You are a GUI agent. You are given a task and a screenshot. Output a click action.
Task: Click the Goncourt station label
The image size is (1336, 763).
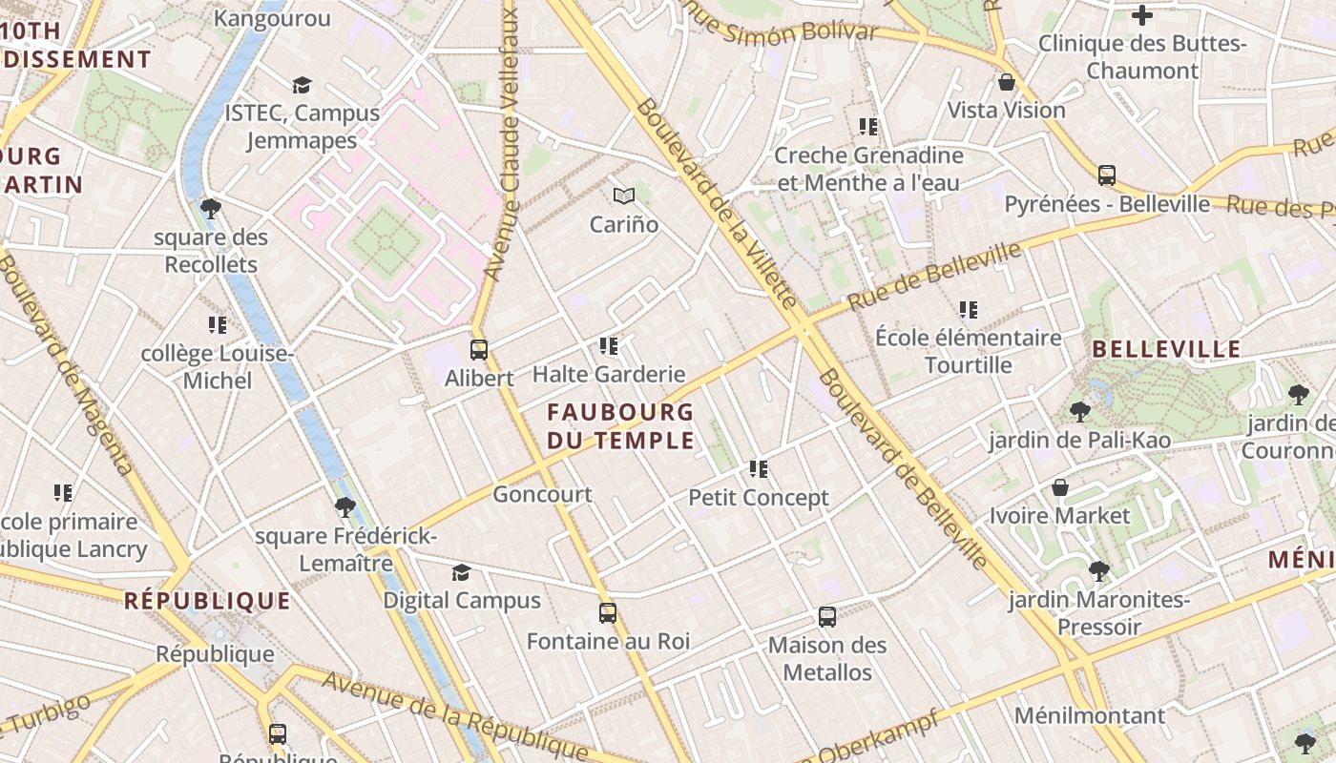tap(542, 494)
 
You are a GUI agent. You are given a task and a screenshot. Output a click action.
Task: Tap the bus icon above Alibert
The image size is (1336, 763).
tap(479, 350)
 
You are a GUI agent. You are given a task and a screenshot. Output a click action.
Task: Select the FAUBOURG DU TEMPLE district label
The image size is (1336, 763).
tap(620, 426)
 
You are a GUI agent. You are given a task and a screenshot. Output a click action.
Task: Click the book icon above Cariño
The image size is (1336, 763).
tap(624, 196)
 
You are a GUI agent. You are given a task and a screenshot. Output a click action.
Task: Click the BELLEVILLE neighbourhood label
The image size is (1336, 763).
tap(1166, 349)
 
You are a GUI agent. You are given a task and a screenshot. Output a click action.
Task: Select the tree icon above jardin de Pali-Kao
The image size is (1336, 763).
tap(1079, 412)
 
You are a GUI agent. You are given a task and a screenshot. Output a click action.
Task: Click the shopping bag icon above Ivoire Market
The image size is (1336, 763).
tap(1059, 488)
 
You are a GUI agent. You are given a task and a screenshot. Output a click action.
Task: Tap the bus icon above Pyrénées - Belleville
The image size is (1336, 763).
tap(1107, 175)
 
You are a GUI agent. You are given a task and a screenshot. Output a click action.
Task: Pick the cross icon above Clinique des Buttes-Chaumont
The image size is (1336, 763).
tap(1141, 15)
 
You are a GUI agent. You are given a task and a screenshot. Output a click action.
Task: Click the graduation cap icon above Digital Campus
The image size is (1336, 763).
tap(462, 572)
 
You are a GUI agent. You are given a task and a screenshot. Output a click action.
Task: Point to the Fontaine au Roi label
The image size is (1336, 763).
tap(608, 641)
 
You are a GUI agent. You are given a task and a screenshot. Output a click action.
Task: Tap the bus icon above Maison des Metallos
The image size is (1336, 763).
tap(827, 617)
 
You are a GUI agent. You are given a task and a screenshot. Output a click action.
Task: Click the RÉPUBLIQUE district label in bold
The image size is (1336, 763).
tap(207, 601)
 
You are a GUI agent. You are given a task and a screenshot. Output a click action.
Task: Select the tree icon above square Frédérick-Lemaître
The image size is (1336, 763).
tap(345, 507)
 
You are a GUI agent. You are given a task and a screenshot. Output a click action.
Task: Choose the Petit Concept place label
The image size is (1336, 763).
tap(759, 498)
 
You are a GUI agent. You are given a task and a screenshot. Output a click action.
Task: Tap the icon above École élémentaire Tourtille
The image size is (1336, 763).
tap(969, 310)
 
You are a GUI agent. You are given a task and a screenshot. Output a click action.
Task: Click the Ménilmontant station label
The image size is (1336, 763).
tap(1090, 715)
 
